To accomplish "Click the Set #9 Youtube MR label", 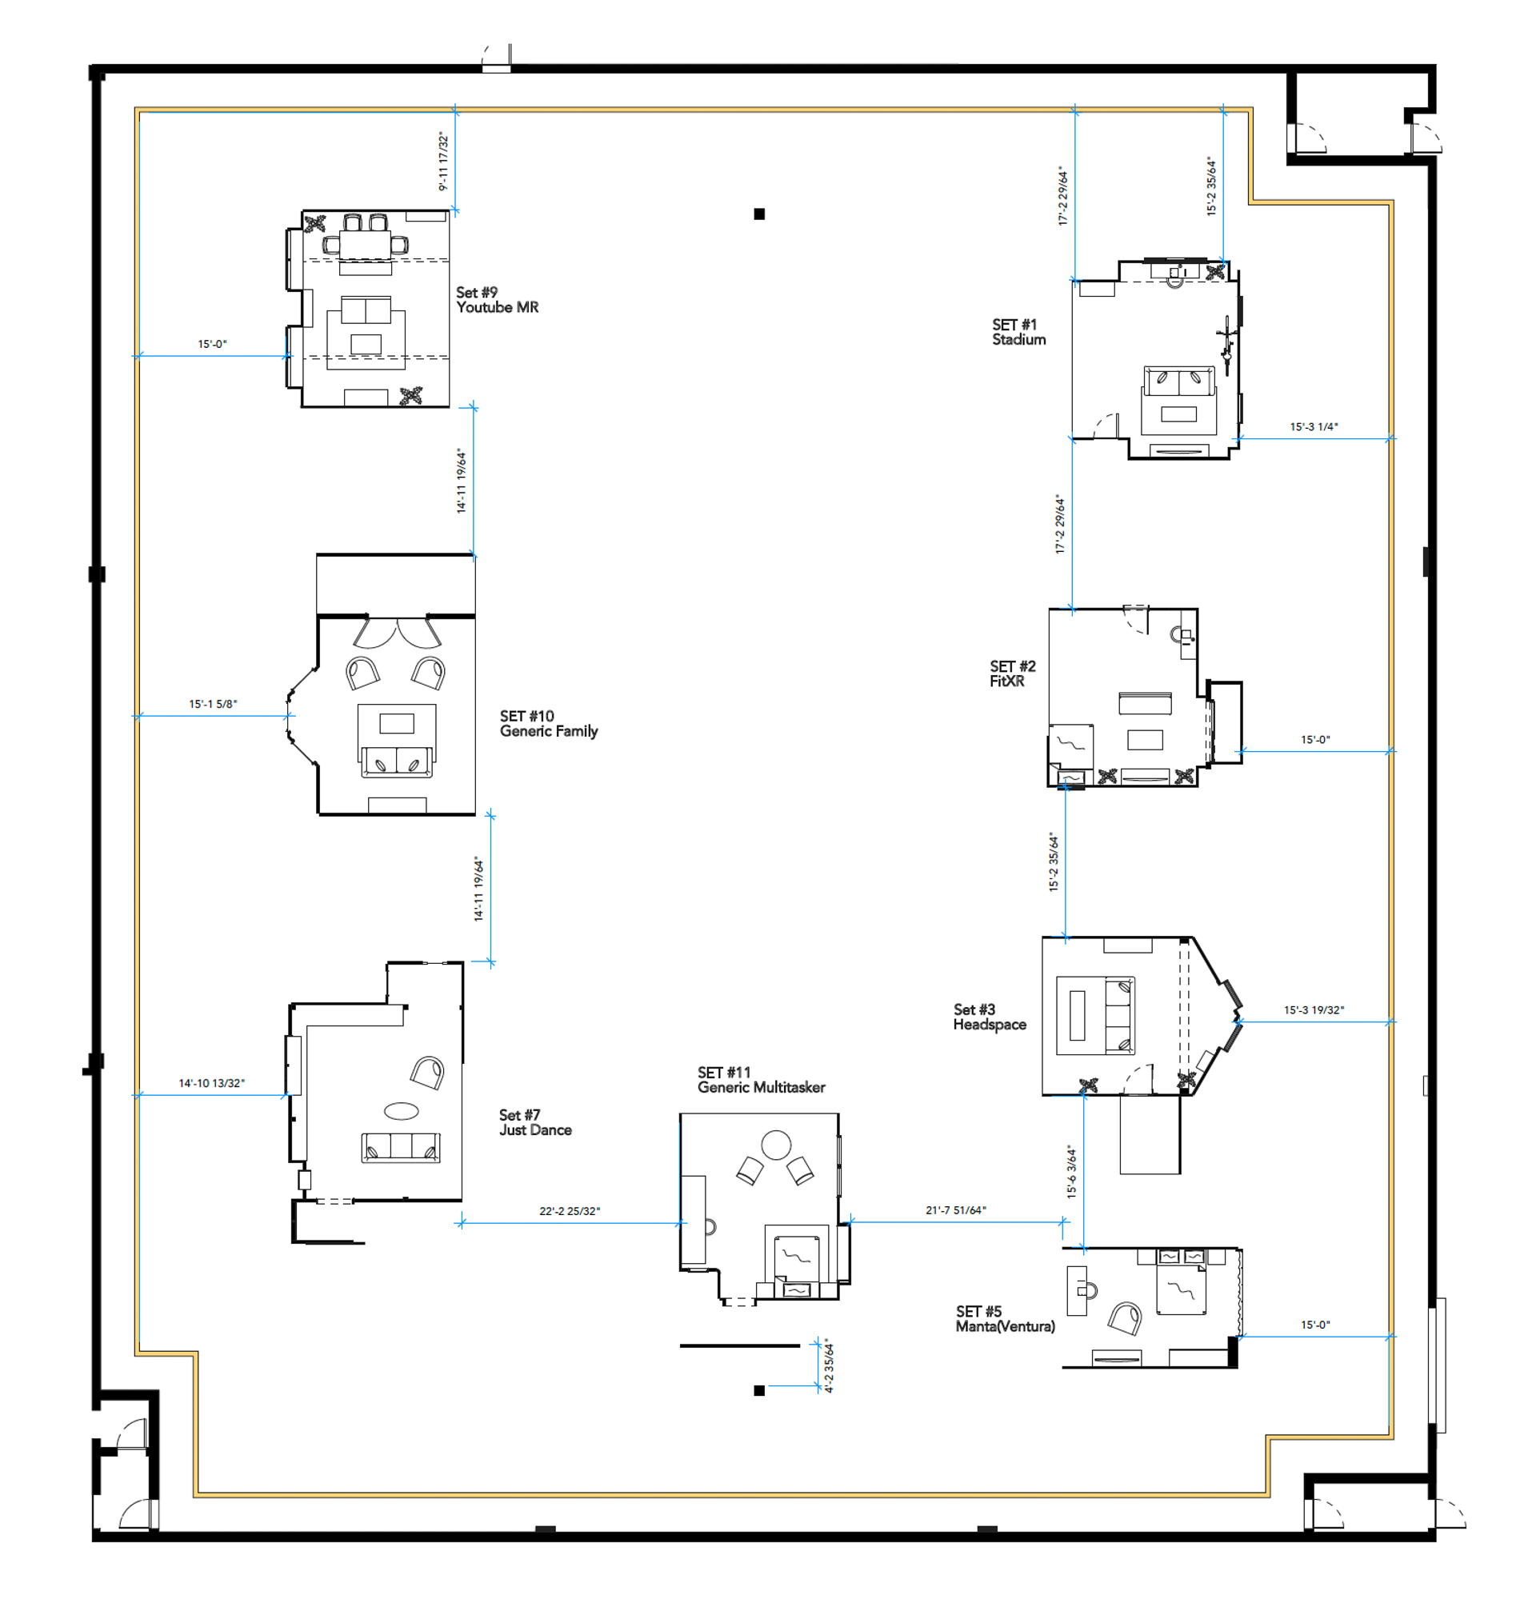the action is coord(497,300).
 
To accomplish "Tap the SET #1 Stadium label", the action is coord(1018,331).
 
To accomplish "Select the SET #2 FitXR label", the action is coord(1012,673).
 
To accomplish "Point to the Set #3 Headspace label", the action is coord(989,1017).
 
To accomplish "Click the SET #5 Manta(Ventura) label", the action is coord(1005,1319).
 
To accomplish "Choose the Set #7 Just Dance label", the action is coord(535,1122).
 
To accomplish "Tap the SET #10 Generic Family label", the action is coord(549,724).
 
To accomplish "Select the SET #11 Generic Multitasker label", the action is coord(761,1080).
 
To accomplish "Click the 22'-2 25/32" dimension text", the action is coord(569,1210).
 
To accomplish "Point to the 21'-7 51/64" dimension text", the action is coord(955,1209).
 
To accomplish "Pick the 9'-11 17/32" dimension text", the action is coord(444,162).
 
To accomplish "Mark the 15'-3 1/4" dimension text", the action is coord(1314,426).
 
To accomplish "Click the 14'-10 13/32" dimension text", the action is coord(211,1083).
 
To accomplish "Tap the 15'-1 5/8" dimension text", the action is coord(213,704).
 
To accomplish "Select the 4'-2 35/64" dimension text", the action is coord(829,1365).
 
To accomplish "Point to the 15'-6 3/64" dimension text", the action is coord(1072,1171).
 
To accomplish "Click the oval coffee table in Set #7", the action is coord(401,1111).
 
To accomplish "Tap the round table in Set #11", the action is coord(776,1145).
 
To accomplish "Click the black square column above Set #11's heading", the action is coord(759,214).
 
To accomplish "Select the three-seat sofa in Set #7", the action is coord(400,1147).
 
